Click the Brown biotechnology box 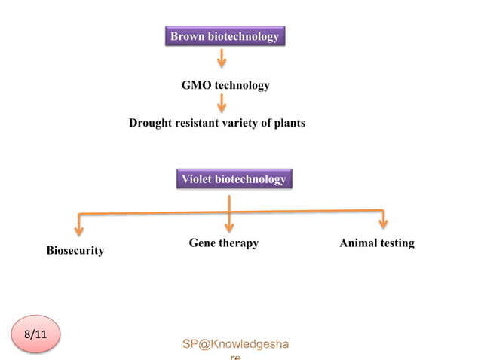[225, 36]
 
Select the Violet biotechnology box [233, 179]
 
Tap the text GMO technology [225, 86]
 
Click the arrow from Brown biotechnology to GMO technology [222, 59]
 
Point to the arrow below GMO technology [222, 103]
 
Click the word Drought [150, 123]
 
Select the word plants [288, 123]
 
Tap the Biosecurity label [75, 250]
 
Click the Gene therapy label [223, 243]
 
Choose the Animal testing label [376, 243]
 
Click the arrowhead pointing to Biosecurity [79, 229]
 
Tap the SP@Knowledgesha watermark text [234, 344]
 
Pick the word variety [242, 123]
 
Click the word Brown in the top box [187, 36]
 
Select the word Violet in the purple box [197, 179]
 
